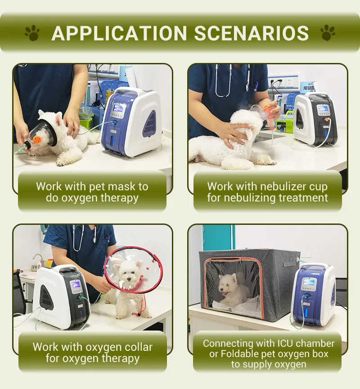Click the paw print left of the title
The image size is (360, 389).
[32, 32]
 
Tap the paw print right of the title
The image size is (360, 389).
[328, 32]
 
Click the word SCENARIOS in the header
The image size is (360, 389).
[251, 33]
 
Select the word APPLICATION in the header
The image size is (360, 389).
[119, 33]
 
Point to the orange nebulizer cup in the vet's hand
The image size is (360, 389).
[270, 117]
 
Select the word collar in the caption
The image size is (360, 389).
[139, 347]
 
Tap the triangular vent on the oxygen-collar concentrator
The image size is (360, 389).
[47, 296]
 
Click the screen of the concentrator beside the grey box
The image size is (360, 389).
[309, 282]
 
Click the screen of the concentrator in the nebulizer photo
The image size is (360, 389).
[322, 109]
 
